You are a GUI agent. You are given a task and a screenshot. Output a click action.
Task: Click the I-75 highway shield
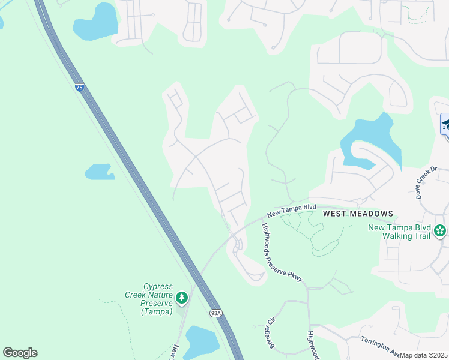coord(79,88)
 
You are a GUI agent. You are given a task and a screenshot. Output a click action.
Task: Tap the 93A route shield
coord(216,313)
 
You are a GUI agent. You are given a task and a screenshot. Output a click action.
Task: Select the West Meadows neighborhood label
coord(358,214)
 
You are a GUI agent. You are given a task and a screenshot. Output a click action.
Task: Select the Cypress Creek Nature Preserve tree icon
coord(181,298)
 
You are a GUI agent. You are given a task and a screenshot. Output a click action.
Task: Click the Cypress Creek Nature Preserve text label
coord(158,299)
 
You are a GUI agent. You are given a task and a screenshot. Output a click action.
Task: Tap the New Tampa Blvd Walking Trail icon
coord(440,230)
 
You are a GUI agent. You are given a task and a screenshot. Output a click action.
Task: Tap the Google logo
coord(20,353)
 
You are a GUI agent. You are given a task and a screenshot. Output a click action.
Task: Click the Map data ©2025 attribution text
coord(423,355)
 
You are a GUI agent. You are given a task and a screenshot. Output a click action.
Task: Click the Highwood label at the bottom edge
coord(312,346)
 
